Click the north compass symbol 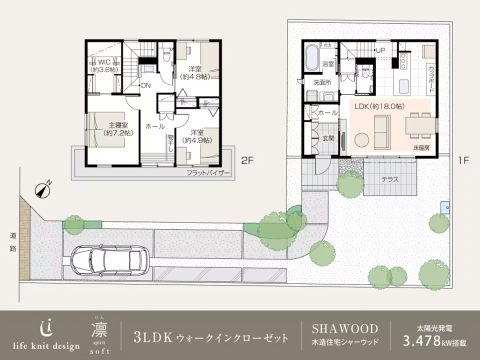pyautogui.click(x=43, y=190)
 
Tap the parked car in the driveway pyautogui.click(x=110, y=260)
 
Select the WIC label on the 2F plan pyautogui.click(x=104, y=62)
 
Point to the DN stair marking pyautogui.click(x=146, y=85)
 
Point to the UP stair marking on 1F pyautogui.click(x=380, y=50)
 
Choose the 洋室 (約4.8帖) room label pyautogui.click(x=195, y=73)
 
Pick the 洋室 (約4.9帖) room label pyautogui.click(x=197, y=136)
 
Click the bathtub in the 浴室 pyautogui.click(x=312, y=58)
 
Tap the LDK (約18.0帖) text pyautogui.click(x=379, y=106)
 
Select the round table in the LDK pyautogui.click(x=362, y=140)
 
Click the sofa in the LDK pyautogui.click(x=382, y=132)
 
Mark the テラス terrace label pyautogui.click(x=390, y=179)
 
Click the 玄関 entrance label pyautogui.click(x=328, y=138)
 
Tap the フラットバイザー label pyautogui.click(x=208, y=173)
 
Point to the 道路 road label pyautogui.click(x=13, y=242)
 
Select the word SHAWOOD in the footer pyautogui.click(x=345, y=328)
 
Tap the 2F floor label pyautogui.click(x=247, y=160)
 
